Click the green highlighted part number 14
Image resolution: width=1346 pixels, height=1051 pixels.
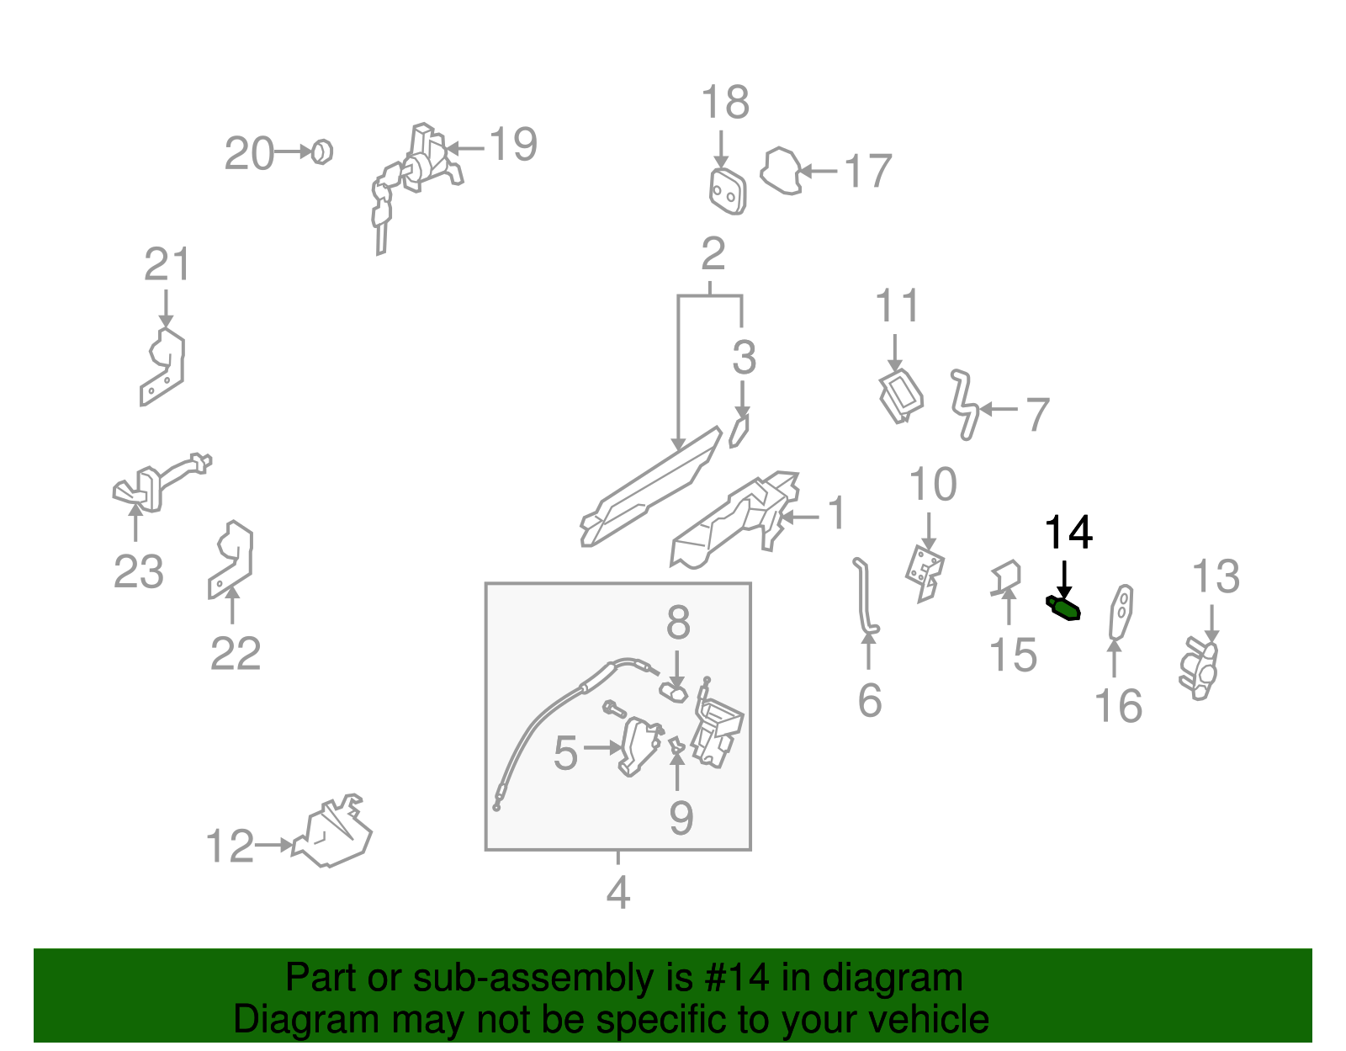1063,608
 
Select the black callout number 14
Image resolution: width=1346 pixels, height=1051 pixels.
1068,533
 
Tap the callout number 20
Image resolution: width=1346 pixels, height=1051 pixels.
249,154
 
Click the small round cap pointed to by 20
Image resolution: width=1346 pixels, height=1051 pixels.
321,152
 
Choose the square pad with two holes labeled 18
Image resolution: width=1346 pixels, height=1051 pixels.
727,192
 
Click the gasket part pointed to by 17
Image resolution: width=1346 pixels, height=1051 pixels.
781,172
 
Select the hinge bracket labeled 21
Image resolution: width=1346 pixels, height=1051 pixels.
164,367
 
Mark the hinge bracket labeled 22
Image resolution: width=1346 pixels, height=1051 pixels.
231,559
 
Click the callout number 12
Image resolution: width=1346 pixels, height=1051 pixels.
230,847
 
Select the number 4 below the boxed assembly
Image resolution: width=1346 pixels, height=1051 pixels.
618,893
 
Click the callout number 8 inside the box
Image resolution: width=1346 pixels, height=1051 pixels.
678,624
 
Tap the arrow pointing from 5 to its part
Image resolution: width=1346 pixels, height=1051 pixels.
601,746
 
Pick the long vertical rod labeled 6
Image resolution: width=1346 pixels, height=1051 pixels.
864,597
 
